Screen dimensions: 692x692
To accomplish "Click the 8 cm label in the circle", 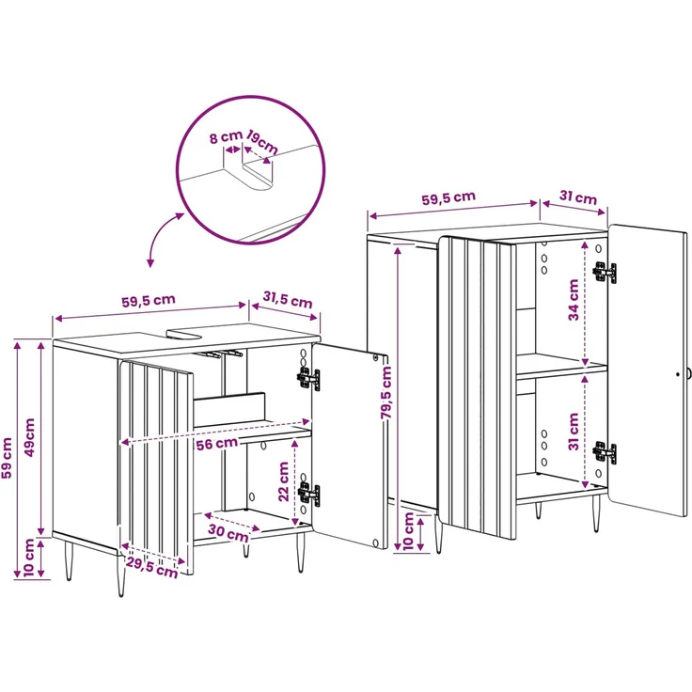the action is click(x=226, y=137).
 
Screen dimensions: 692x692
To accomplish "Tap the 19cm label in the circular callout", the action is click(x=262, y=142).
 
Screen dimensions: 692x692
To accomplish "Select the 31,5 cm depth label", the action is click(x=288, y=299).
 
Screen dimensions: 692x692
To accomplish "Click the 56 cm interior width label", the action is click(x=216, y=444).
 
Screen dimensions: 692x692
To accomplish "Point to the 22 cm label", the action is click(x=283, y=481).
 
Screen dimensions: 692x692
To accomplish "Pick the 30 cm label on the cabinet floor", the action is click(x=228, y=533).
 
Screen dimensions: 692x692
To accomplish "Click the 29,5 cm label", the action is click(x=151, y=567).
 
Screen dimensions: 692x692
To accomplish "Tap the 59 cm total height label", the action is click(x=7, y=458).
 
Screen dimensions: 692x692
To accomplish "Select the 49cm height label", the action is click(x=29, y=437).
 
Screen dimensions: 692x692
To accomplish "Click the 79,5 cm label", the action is click(x=386, y=393).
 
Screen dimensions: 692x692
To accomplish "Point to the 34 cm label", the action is click(x=574, y=300).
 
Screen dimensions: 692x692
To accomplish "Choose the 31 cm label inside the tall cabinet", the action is click(x=574, y=432).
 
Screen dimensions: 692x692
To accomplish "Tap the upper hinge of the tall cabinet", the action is click(x=605, y=272).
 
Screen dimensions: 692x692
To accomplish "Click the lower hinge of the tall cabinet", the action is click(x=605, y=453).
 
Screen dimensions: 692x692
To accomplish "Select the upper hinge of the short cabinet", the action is click(x=308, y=379).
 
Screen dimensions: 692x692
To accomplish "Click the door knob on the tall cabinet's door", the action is click(x=688, y=374).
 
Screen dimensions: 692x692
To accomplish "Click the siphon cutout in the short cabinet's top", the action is click(x=184, y=334).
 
